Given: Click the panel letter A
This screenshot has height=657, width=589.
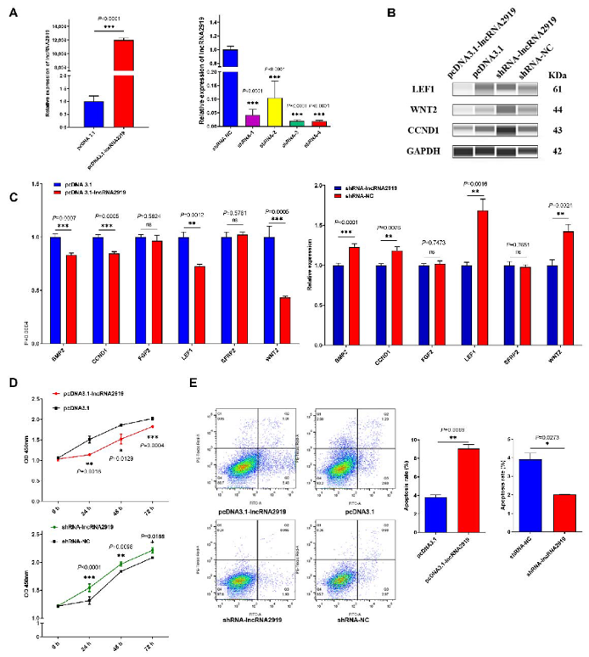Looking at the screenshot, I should [x=14, y=14].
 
